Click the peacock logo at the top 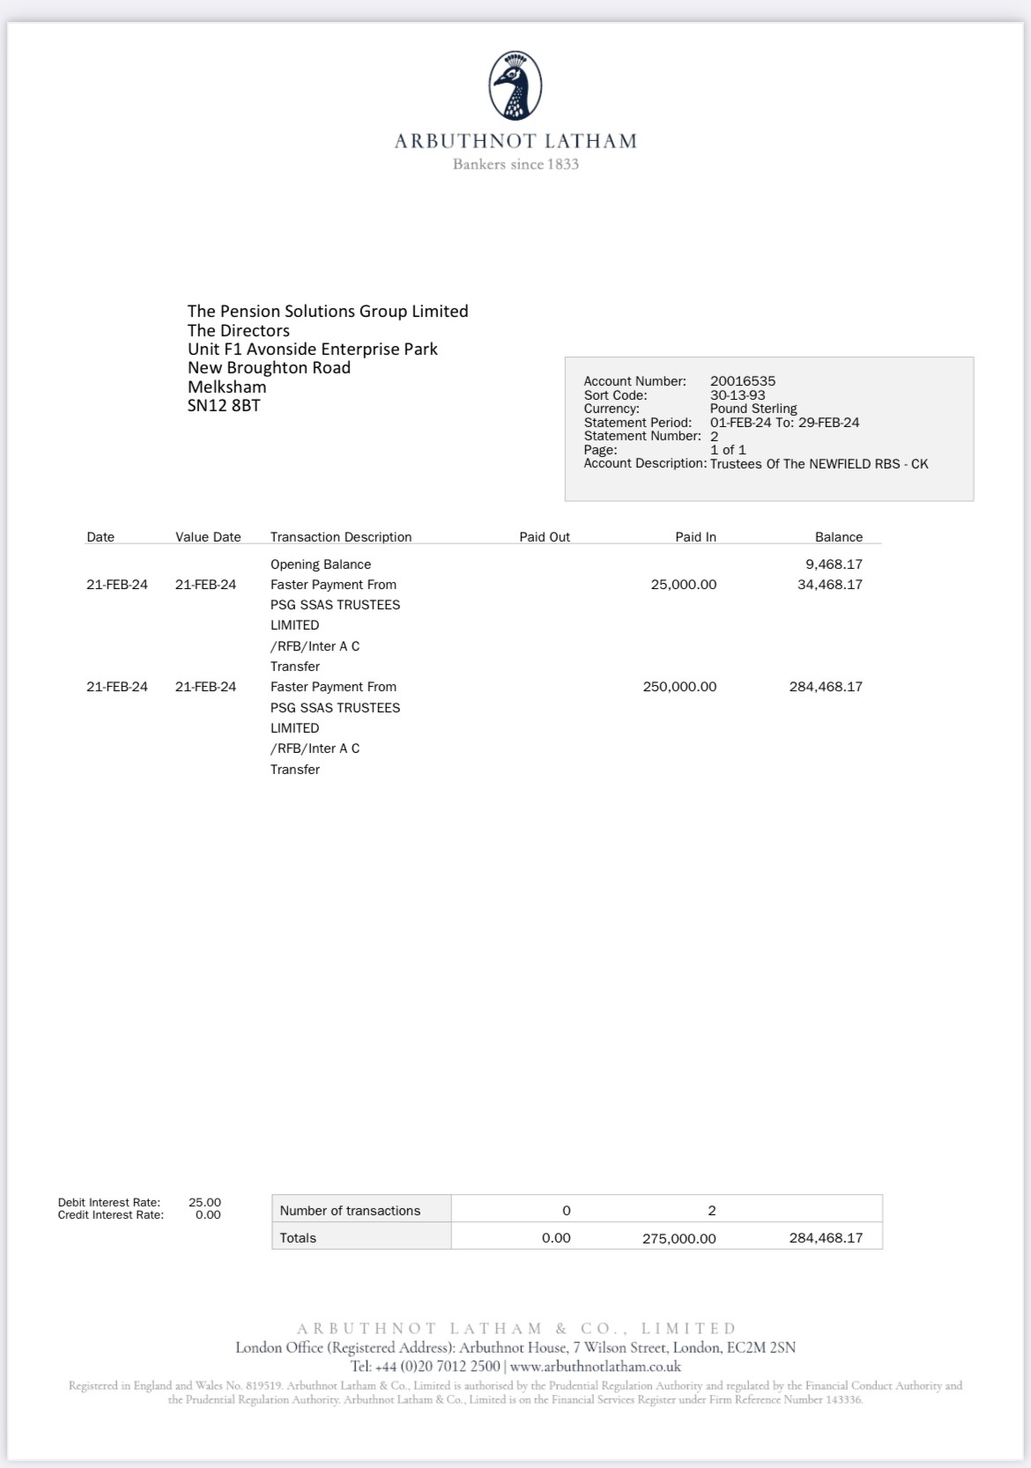click(x=515, y=85)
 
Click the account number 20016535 click(x=743, y=381)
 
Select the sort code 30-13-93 click(x=738, y=395)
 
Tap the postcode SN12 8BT click(x=224, y=406)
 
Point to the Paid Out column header click(x=545, y=537)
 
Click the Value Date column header click(x=208, y=537)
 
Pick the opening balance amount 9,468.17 click(x=834, y=564)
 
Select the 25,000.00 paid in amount click(x=683, y=585)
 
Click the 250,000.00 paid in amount click(x=679, y=687)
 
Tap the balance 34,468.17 click(x=829, y=585)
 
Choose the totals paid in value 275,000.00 click(x=679, y=1238)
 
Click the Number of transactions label click(x=350, y=1211)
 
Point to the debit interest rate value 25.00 click(x=204, y=1202)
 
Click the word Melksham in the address click(x=226, y=387)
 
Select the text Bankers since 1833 click(x=515, y=165)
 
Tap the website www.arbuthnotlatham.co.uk click(x=595, y=1367)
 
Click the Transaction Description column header click(x=341, y=537)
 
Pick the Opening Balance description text click(x=321, y=564)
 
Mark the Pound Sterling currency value click(x=753, y=409)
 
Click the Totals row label click(x=298, y=1238)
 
